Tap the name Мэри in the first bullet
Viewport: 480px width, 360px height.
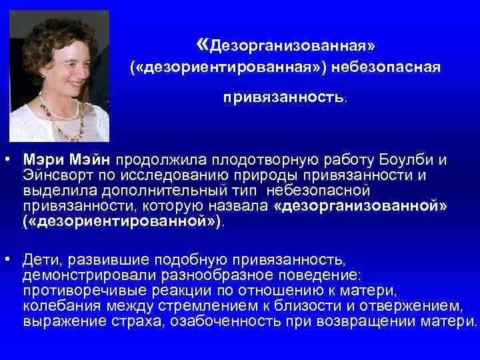click(40, 161)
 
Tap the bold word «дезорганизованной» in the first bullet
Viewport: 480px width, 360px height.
click(361, 207)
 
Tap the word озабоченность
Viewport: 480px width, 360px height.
click(211, 322)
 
